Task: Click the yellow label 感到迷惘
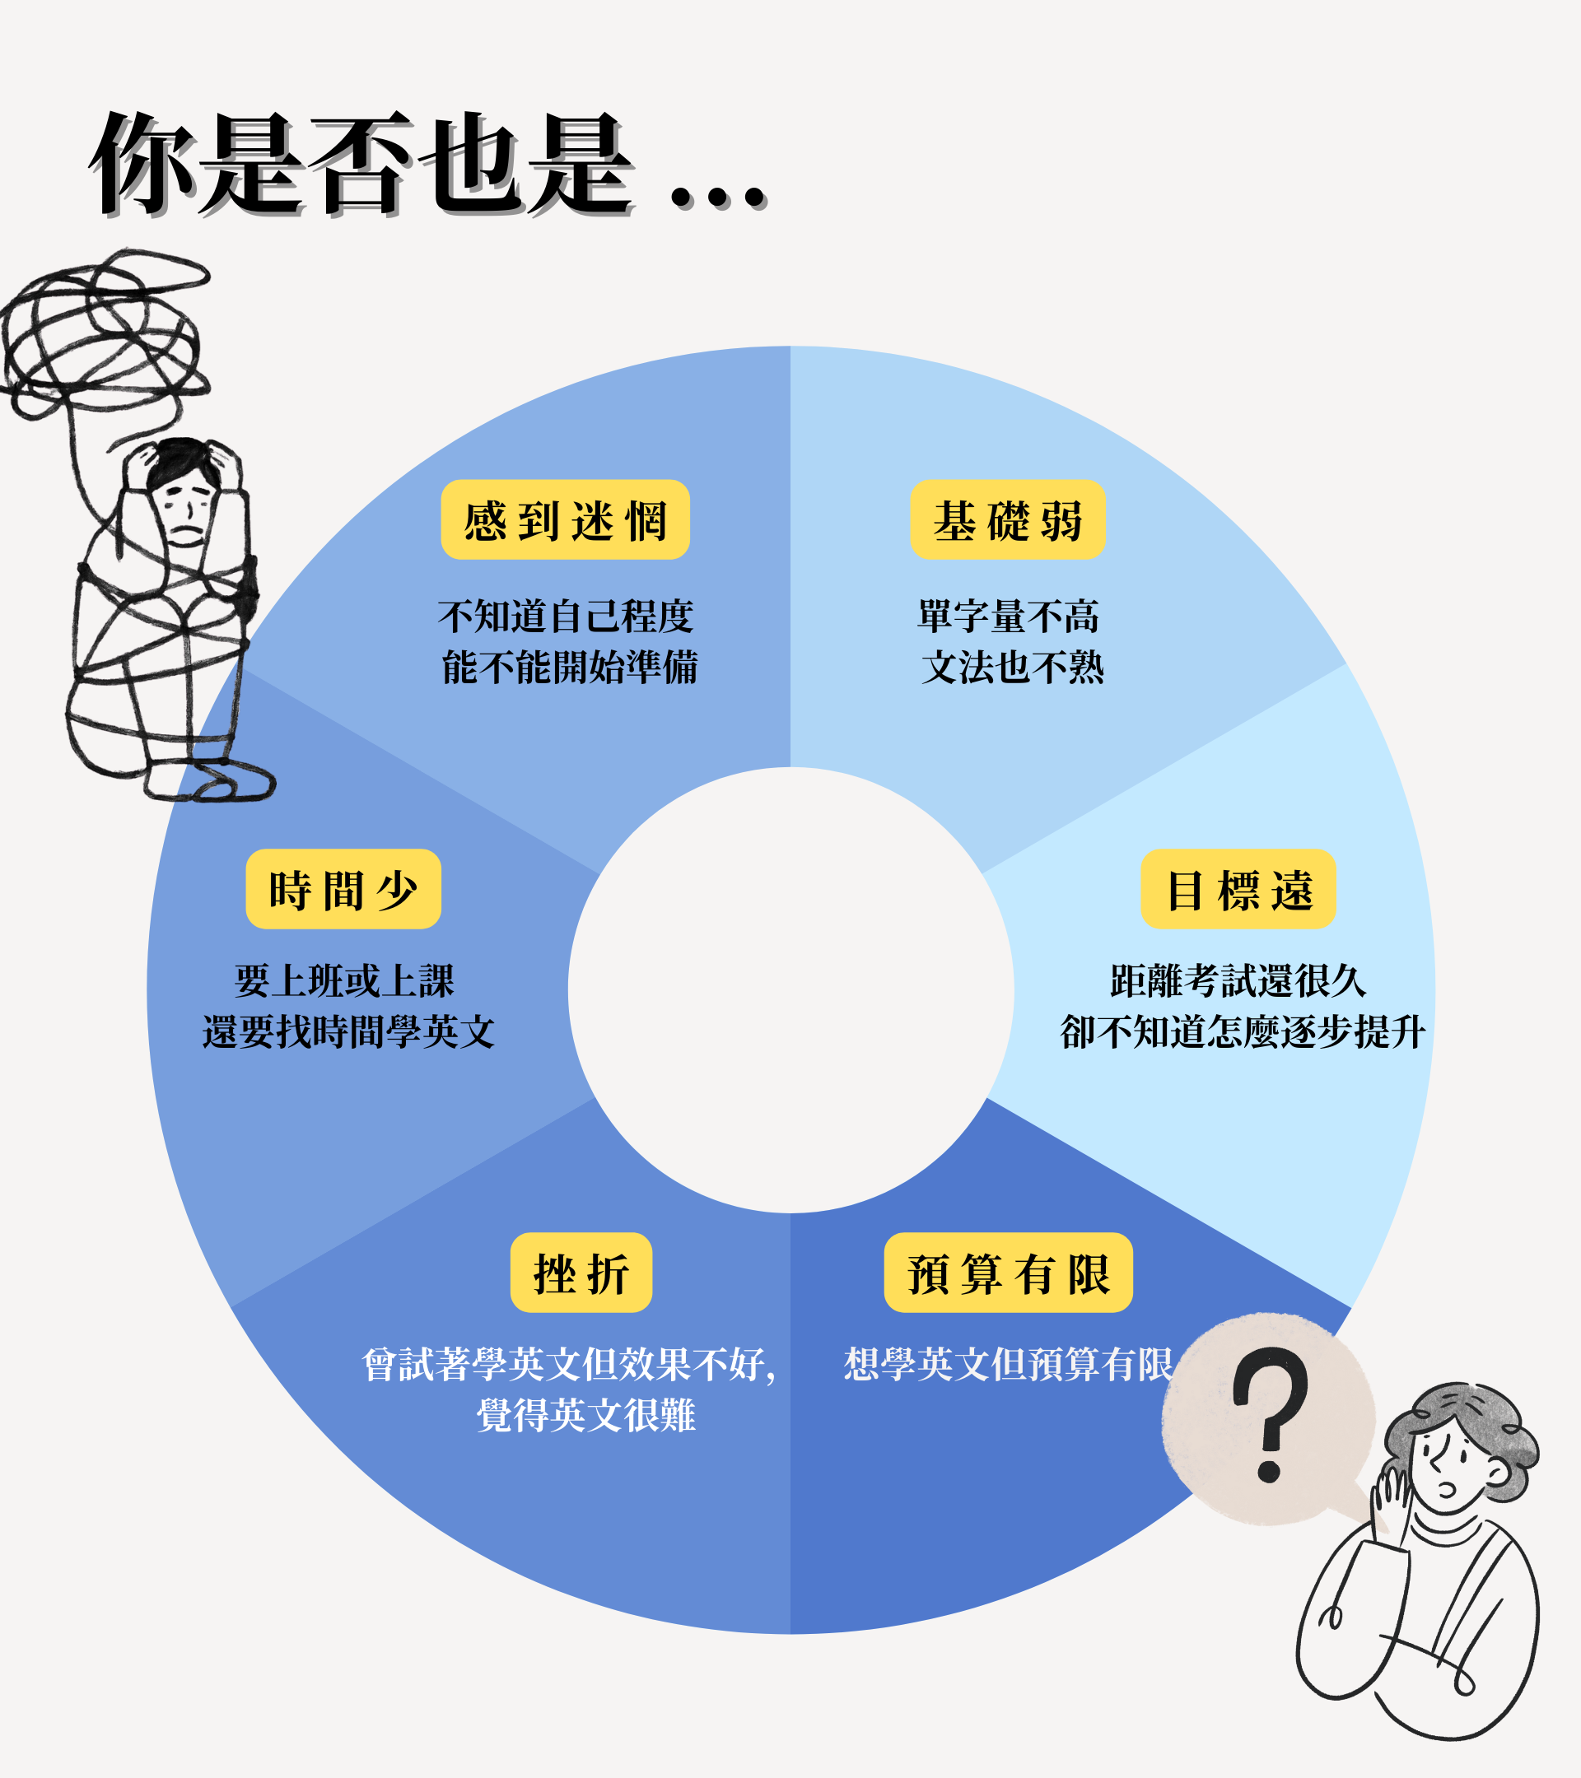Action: pos(565,519)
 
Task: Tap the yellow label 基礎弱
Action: pos(1007,519)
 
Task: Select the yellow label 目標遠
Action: pos(1238,888)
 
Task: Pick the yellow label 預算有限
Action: pos(1008,1272)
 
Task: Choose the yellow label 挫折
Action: pos(581,1272)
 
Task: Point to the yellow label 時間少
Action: pos(343,888)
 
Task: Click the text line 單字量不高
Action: pos(1009,616)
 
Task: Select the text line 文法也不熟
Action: pos(1012,668)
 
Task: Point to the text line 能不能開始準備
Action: pos(569,668)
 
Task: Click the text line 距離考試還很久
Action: pos(1238,980)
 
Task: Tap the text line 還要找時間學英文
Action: pos(348,1031)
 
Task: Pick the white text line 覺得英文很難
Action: pos(585,1415)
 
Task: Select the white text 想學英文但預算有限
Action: pos(1008,1364)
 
